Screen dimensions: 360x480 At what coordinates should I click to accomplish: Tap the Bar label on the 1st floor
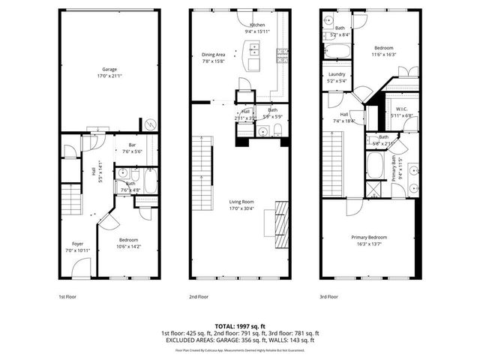pos(131,145)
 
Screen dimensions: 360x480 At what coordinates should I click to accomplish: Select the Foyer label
pos(78,243)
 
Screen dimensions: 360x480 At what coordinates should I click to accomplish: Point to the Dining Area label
pos(214,55)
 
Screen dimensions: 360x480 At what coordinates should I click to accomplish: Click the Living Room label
pos(241,201)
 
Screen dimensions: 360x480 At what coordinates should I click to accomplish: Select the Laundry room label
pos(335,74)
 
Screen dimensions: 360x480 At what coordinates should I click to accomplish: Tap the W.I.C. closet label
pos(402,109)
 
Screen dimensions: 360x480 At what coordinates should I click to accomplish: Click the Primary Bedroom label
pos(370,237)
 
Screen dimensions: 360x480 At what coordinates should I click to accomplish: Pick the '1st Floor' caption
pos(67,297)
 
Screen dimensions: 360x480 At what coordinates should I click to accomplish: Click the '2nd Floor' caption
pos(198,297)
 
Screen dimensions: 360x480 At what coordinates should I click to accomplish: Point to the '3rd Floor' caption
pos(328,297)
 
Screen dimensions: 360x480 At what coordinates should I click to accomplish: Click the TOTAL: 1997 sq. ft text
pos(240,325)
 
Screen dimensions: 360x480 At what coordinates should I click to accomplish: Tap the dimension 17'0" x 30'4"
pos(241,208)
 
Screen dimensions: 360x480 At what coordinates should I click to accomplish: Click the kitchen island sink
pos(254,51)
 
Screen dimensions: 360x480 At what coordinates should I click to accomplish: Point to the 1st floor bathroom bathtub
pos(148,181)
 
